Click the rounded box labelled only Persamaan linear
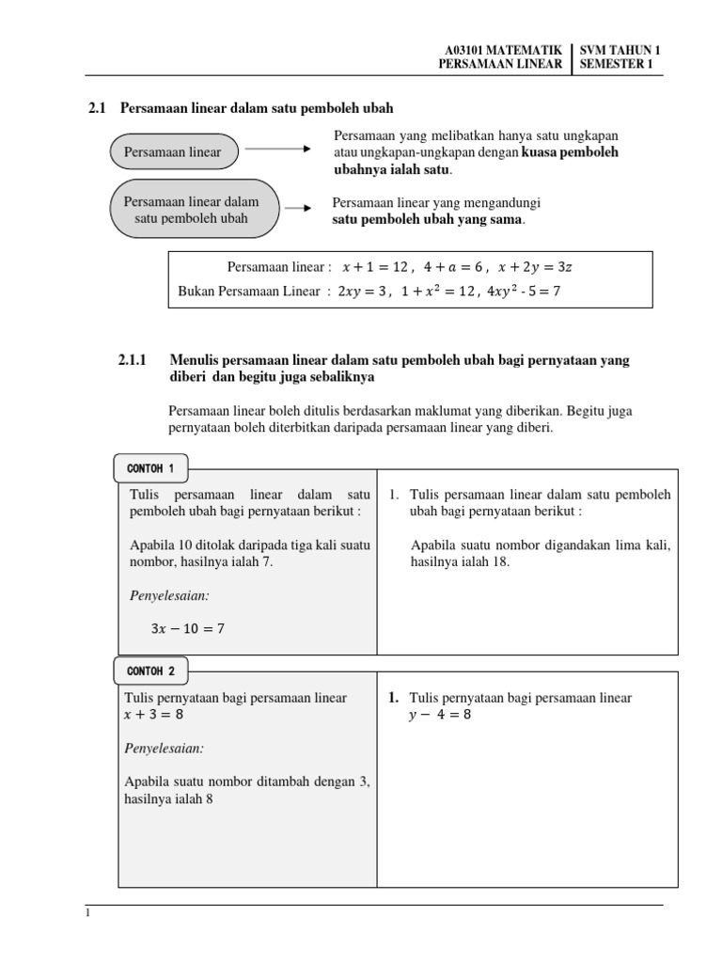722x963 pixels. pyautogui.click(x=173, y=151)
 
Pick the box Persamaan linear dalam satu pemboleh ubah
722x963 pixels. pyautogui.click(x=192, y=210)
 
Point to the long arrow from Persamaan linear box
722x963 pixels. pyautogui.click(x=277, y=149)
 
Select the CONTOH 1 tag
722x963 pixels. pyautogui.click(x=149, y=468)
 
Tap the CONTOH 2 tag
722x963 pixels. pyautogui.click(x=149, y=671)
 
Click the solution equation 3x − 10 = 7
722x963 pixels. pyautogui.click(x=187, y=628)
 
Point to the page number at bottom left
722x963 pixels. pyautogui.click(x=87, y=913)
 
